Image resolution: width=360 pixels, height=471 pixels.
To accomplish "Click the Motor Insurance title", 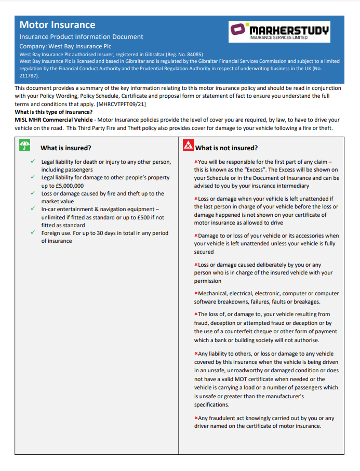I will [57, 25].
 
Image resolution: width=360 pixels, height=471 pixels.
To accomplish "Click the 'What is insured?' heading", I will [66, 148].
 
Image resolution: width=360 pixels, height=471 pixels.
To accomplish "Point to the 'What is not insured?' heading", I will [226, 148].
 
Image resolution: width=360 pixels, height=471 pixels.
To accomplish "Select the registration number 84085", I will [191, 54].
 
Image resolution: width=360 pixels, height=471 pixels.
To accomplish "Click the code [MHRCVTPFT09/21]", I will [122, 104].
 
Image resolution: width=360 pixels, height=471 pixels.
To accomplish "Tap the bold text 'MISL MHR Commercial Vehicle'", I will [50, 120].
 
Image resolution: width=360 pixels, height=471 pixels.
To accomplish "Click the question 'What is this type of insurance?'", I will [54, 112].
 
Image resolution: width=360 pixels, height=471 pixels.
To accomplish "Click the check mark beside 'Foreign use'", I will [33, 233].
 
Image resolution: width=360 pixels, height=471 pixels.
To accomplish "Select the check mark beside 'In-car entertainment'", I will [33, 209].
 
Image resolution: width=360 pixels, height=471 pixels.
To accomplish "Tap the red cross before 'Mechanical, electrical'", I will [196, 294].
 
